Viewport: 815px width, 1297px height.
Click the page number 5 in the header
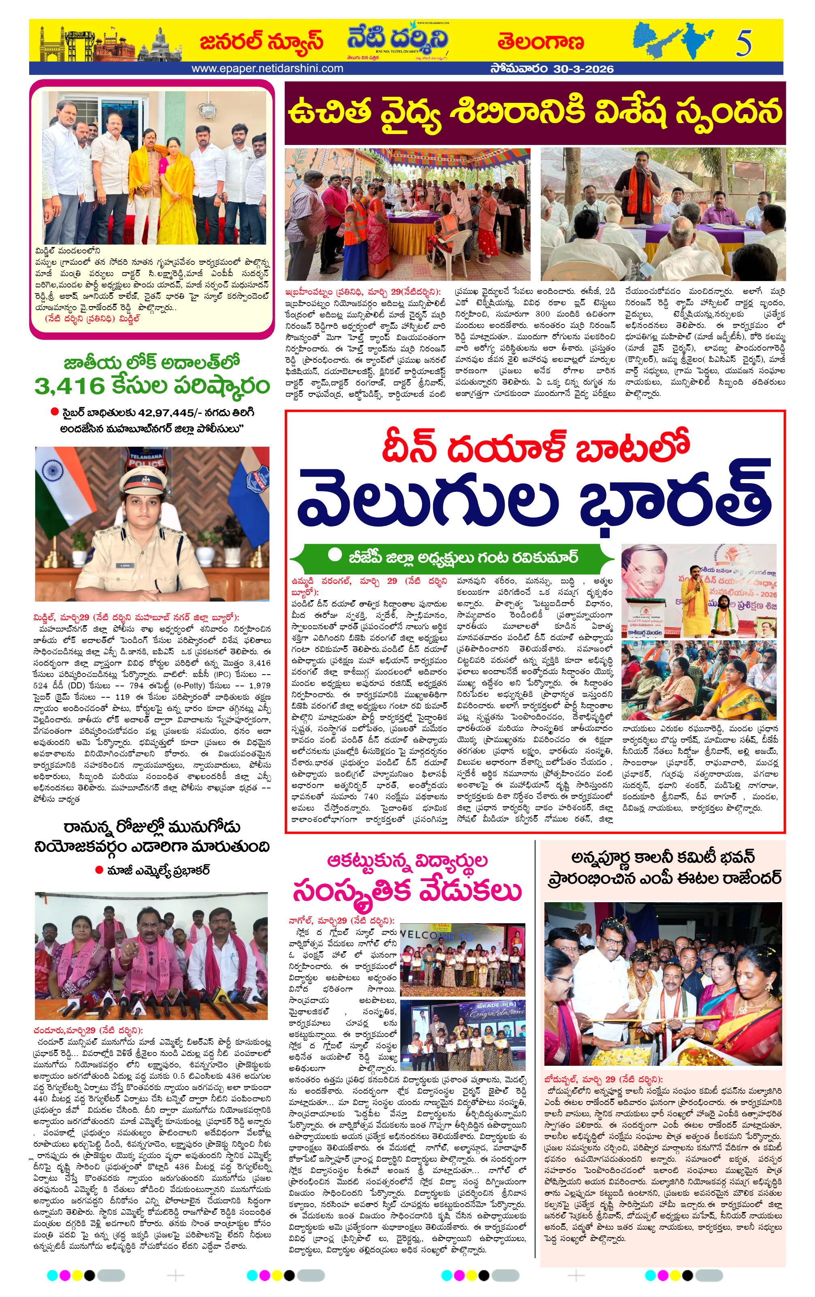point(743,43)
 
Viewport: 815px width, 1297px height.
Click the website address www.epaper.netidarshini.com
point(267,68)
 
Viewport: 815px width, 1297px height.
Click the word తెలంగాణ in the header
point(540,41)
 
